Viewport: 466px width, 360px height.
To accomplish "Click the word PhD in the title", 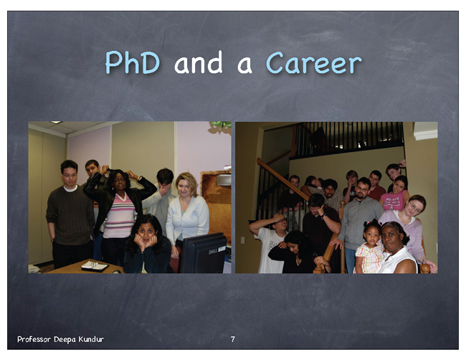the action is [x=133, y=62].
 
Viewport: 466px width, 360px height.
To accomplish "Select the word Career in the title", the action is [x=314, y=62].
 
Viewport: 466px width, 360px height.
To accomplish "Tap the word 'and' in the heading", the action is [x=198, y=62].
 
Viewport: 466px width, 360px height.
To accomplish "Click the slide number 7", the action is [x=233, y=339].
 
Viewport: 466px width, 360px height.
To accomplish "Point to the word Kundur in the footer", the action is [x=91, y=339].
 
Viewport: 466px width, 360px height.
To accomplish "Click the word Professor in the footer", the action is [x=34, y=339].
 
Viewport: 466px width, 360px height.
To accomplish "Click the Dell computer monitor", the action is [x=204, y=253].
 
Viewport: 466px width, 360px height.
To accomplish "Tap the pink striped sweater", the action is [x=120, y=216].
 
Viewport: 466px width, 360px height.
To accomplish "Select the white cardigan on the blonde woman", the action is [x=187, y=219].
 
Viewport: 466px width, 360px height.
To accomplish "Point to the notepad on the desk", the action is [x=95, y=266].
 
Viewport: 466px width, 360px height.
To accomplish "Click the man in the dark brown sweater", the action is [x=70, y=214].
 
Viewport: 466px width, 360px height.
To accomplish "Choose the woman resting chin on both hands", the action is [x=148, y=244].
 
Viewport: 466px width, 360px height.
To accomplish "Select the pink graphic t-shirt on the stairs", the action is [x=393, y=200].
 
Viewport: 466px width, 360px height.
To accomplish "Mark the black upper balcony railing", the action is [x=348, y=139].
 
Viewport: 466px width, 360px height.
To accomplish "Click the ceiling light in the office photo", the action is [x=56, y=122].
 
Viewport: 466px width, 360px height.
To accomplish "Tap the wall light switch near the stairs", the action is [x=242, y=240].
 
